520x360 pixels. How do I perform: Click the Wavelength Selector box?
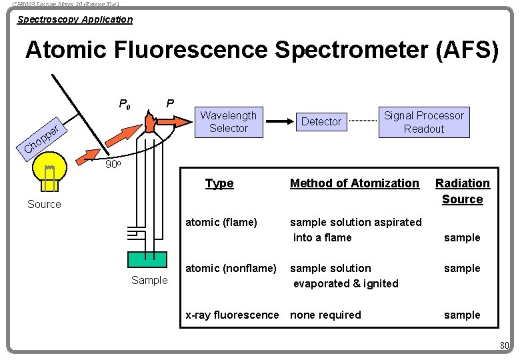[x=228, y=122]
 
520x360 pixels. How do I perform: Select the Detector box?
[x=321, y=121]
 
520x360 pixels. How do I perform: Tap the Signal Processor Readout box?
[x=423, y=122]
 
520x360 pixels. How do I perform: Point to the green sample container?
[x=149, y=260]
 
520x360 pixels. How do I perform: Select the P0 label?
[x=125, y=104]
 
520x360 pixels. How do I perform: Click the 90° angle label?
[x=114, y=164]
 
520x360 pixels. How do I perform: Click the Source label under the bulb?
[x=44, y=204]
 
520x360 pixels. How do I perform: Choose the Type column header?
[x=219, y=183]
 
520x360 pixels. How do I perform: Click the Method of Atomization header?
[x=355, y=183]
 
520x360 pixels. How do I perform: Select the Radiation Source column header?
[x=462, y=191]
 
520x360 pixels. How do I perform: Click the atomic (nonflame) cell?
[x=231, y=268]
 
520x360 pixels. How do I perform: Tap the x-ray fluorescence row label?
[x=232, y=315]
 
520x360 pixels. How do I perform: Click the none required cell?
[x=325, y=315]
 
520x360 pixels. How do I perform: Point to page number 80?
[x=504, y=345]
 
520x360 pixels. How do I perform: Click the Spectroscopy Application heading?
[x=75, y=19]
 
